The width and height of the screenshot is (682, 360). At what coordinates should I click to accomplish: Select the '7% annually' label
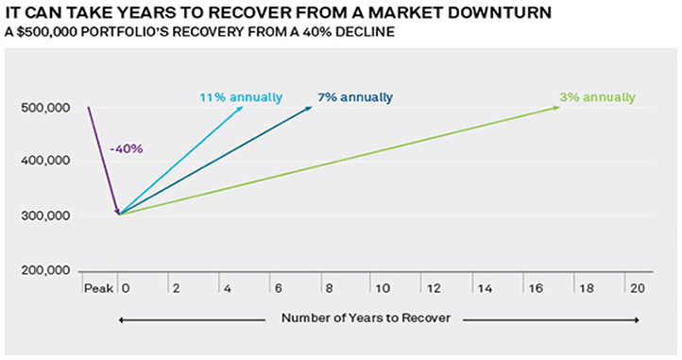point(356,97)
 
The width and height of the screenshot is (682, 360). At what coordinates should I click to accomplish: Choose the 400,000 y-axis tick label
point(44,162)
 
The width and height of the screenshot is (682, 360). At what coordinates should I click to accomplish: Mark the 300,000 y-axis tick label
point(44,215)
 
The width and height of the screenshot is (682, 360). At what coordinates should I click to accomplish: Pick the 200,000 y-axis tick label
point(44,270)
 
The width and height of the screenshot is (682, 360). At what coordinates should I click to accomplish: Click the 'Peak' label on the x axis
point(97,286)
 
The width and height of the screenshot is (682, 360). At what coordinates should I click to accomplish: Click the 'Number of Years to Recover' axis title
point(367,318)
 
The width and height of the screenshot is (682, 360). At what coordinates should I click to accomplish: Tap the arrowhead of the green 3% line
point(556,108)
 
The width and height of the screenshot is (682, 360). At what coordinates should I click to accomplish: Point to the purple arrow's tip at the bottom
point(118,214)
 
